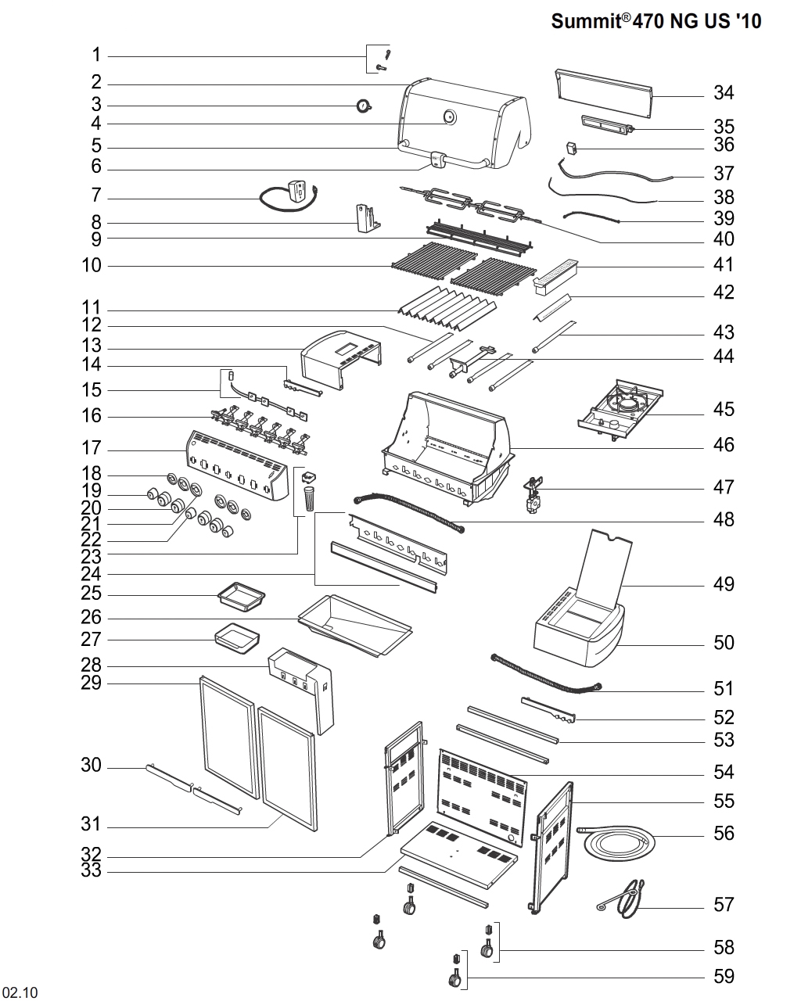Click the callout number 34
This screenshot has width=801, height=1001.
[x=724, y=93]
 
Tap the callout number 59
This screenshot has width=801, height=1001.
[x=724, y=976]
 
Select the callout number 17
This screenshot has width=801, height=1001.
[x=92, y=448]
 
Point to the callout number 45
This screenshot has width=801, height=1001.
[x=724, y=410]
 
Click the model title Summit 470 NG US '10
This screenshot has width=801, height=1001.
[x=656, y=21]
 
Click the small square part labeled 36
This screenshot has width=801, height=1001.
[x=571, y=148]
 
